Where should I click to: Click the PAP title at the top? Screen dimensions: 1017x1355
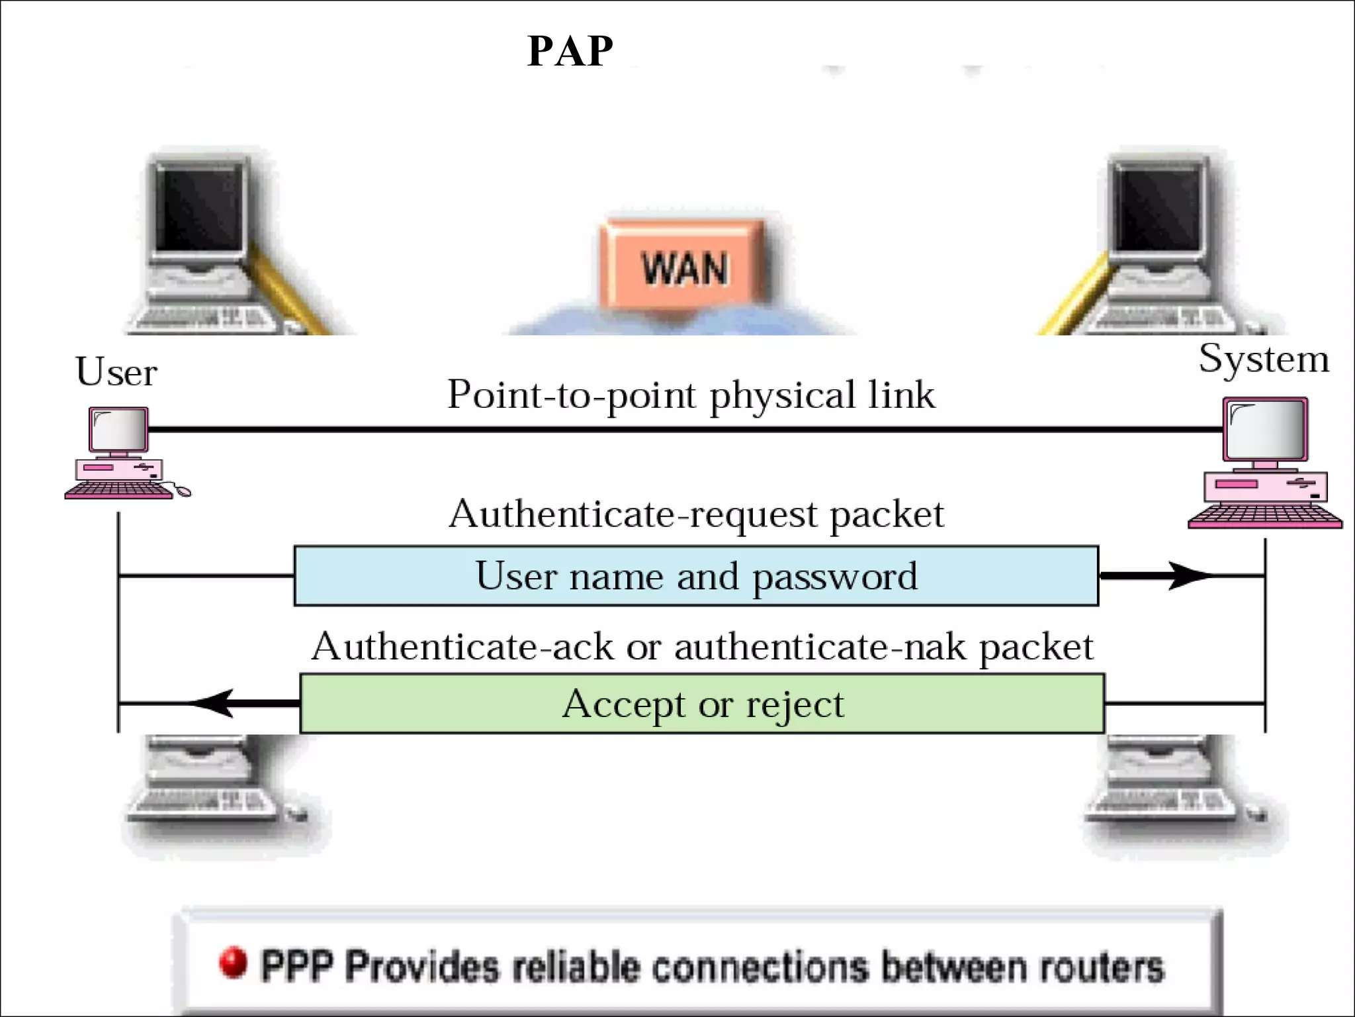tap(570, 51)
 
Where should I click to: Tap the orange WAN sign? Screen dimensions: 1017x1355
tap(684, 266)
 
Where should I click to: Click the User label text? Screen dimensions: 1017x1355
tap(116, 372)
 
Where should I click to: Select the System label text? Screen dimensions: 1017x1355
tap(1263, 360)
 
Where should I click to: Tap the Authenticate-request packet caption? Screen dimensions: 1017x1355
tap(696, 514)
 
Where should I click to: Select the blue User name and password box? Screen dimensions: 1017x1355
tap(696, 575)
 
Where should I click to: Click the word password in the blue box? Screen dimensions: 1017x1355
tap(835, 577)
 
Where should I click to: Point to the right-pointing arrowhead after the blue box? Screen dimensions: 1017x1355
tap(1188, 575)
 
